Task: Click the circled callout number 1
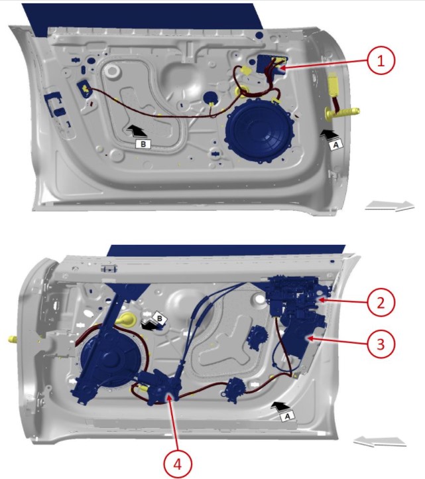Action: pyautogui.click(x=381, y=60)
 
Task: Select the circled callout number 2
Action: pyautogui.click(x=381, y=303)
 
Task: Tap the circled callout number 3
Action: pyautogui.click(x=381, y=344)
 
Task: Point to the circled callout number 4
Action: pyautogui.click(x=178, y=464)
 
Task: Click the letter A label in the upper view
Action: pyautogui.click(x=336, y=145)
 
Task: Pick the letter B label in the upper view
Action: pyautogui.click(x=143, y=143)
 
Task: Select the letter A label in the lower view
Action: pyautogui.click(x=288, y=416)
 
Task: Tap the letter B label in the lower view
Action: pyautogui.click(x=159, y=318)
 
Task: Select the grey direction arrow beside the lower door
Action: pyautogui.click(x=379, y=441)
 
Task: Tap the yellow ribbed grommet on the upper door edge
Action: pyautogui.click(x=342, y=112)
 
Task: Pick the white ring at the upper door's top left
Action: pyautogui.click(x=112, y=71)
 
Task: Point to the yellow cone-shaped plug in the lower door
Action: pyautogui.click(x=126, y=320)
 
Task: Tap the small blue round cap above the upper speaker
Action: pyautogui.click(x=211, y=97)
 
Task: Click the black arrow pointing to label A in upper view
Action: pyautogui.click(x=328, y=134)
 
